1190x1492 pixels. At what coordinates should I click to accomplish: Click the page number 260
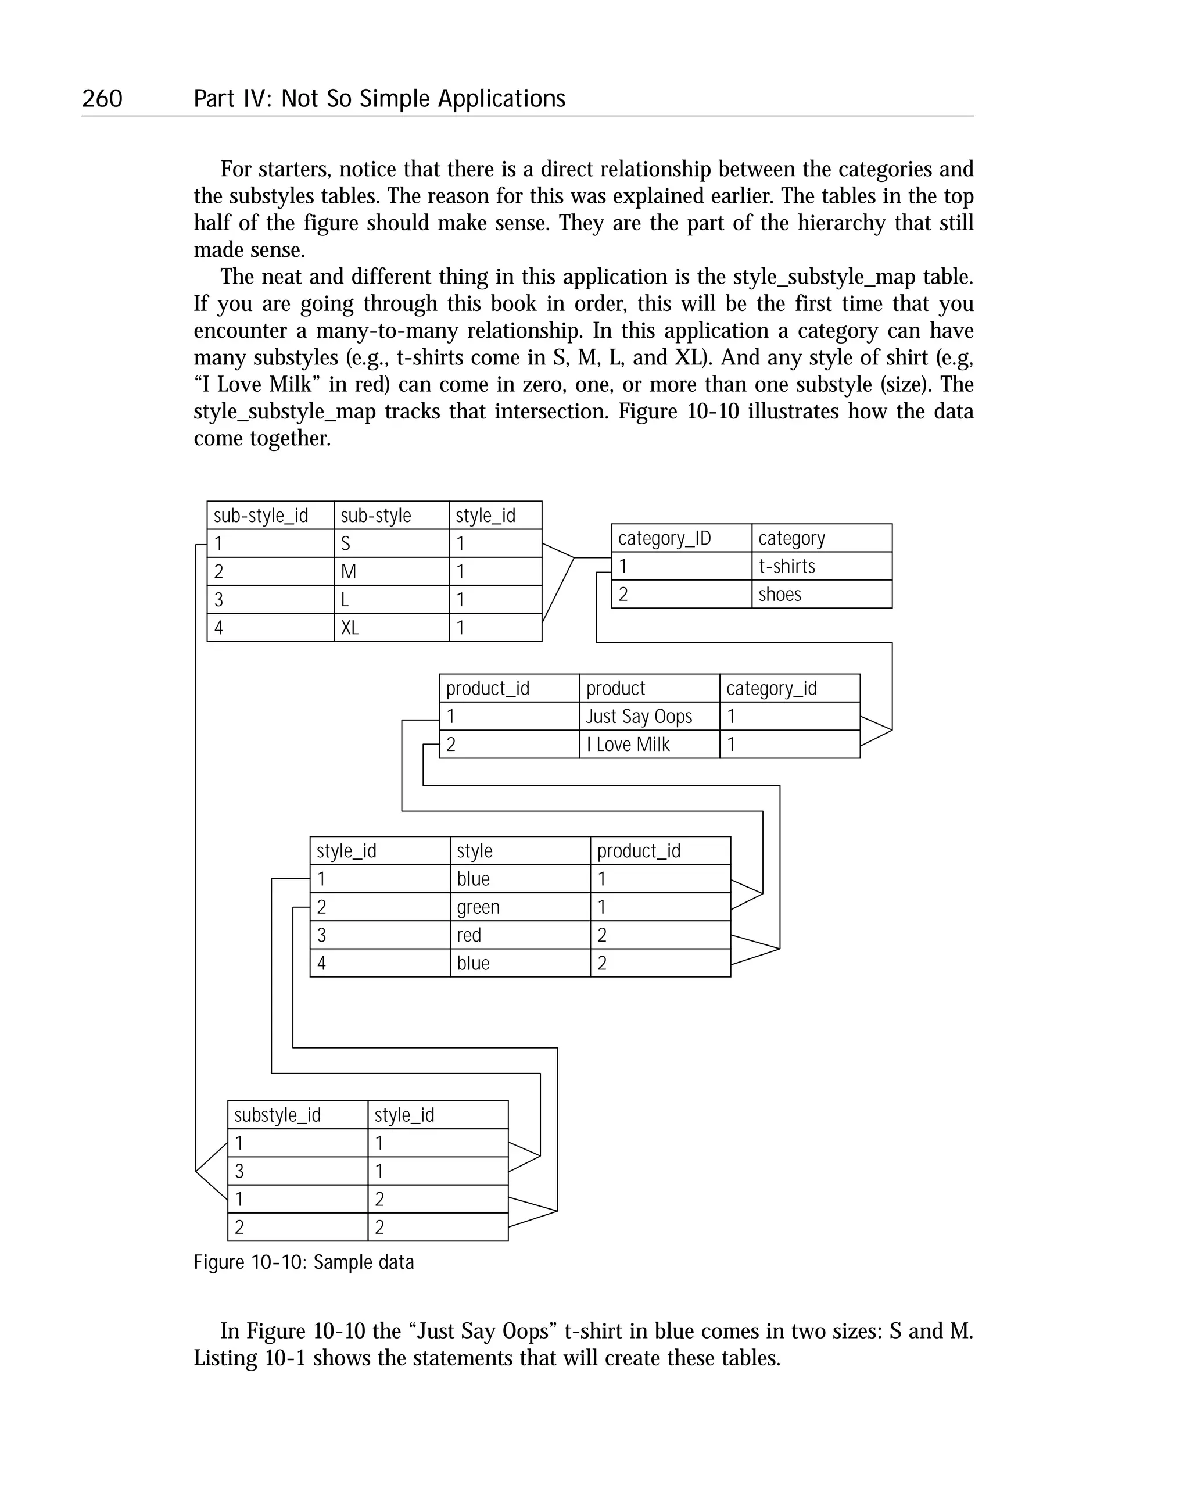[102, 98]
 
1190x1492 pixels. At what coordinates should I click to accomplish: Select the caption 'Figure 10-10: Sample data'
[304, 1262]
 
